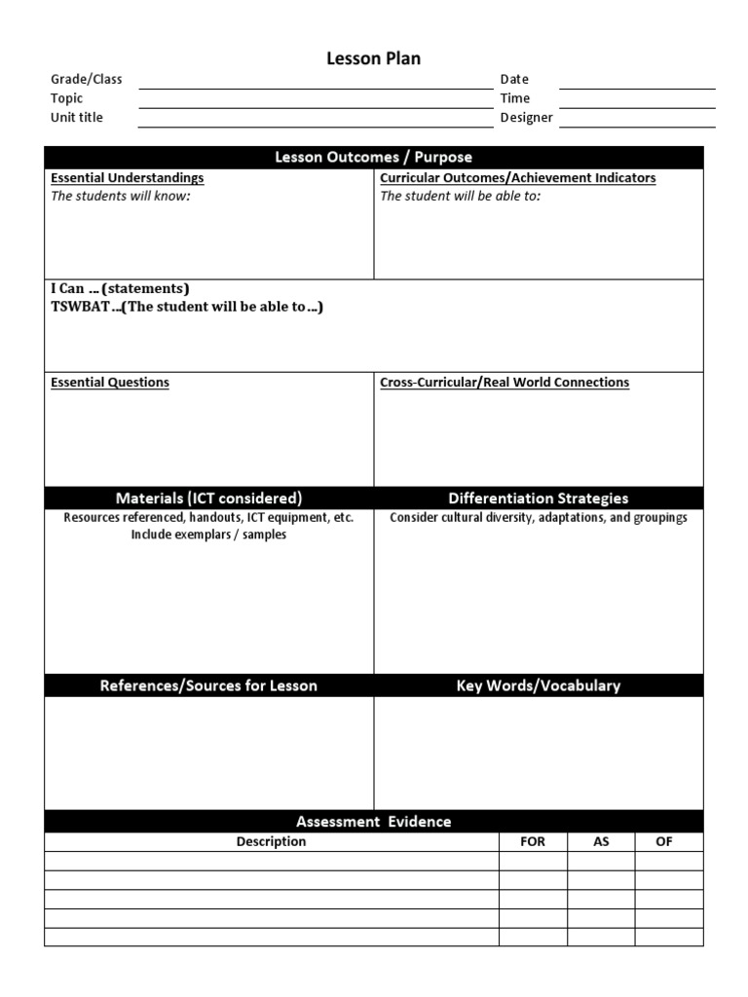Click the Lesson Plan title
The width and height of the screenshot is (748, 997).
pyautogui.click(x=373, y=59)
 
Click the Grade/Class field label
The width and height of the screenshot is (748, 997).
pyautogui.click(x=87, y=79)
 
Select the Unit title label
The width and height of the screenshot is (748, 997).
pyautogui.click(x=77, y=118)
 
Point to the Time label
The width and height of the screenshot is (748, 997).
pyautogui.click(x=515, y=98)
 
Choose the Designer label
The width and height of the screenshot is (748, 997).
pyautogui.click(x=527, y=118)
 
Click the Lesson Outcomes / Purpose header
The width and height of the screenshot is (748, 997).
pyautogui.click(x=373, y=158)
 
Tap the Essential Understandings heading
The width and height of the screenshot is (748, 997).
pyautogui.click(x=128, y=178)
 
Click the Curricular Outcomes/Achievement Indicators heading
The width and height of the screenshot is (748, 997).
pyautogui.click(x=517, y=178)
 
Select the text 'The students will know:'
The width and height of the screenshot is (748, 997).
pyautogui.click(x=121, y=196)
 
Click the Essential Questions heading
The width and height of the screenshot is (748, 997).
pyautogui.click(x=110, y=383)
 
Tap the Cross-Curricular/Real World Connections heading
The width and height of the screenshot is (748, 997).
pyautogui.click(x=505, y=383)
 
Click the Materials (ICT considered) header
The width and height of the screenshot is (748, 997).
pyautogui.click(x=208, y=498)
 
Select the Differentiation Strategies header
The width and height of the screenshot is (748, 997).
pyautogui.click(x=538, y=498)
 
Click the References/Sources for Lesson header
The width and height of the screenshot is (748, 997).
pyautogui.click(x=208, y=685)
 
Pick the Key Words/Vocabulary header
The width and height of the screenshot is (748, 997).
pyautogui.click(x=538, y=685)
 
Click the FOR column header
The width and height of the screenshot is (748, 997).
pyautogui.click(x=533, y=842)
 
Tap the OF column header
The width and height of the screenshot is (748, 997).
pyautogui.click(x=664, y=842)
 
